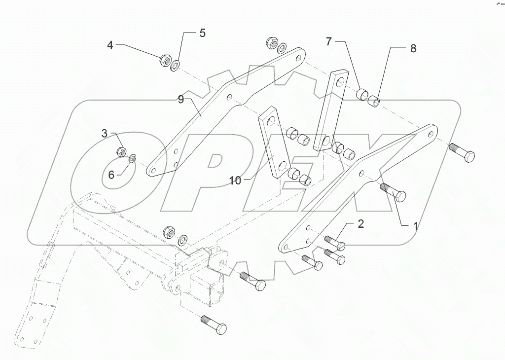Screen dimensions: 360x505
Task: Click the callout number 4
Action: pos(110,45)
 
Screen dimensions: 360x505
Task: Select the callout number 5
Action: pos(202,34)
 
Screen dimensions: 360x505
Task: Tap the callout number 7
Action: pos(329,41)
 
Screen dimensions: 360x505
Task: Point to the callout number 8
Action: pos(413,48)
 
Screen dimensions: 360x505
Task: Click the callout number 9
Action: pos(181,100)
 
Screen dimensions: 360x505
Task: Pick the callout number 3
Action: pos(105,133)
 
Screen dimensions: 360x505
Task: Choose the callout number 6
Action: pos(111,175)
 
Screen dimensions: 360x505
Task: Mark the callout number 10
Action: pos(235,180)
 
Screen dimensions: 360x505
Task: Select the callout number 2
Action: pos(361,224)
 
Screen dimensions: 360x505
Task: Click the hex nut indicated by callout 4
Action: pos(165,61)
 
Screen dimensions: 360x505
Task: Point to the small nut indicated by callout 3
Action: pos(121,152)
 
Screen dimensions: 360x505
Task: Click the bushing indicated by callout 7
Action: pos(363,94)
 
